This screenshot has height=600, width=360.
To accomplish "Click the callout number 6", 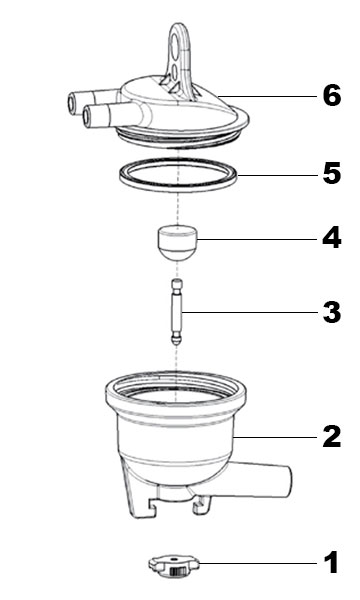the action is [332, 96].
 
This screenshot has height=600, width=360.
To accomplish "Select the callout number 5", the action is [332, 173].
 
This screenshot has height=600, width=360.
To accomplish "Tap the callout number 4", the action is [332, 238].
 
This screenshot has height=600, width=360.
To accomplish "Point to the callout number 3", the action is [332, 312].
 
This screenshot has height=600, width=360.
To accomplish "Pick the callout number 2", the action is [332, 436].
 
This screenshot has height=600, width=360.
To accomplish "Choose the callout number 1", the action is [332, 562].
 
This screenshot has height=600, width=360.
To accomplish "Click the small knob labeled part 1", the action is [174, 566].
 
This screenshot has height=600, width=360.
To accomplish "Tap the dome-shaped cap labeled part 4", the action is [177, 243].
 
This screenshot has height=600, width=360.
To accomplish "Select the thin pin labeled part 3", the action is [177, 312].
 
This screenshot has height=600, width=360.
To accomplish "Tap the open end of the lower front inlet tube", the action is [87, 115].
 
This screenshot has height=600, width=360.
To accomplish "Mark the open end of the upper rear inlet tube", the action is [72, 101].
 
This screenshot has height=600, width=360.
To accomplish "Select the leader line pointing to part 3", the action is [250, 313].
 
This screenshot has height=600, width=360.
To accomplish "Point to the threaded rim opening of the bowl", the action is [176, 386].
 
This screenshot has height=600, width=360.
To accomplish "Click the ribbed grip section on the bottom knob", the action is [176, 572].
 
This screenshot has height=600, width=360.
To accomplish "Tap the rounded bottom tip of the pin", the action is [176, 341].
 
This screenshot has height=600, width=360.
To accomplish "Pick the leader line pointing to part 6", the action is [267, 96].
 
